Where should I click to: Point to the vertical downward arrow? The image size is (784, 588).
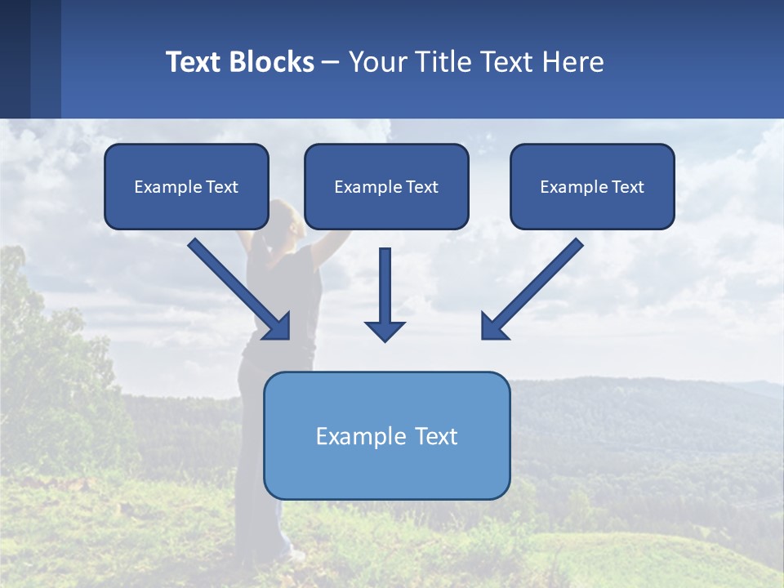tap(385, 286)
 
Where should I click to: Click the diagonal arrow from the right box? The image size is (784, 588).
tap(539, 283)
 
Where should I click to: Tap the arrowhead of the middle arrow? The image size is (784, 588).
tap(385, 331)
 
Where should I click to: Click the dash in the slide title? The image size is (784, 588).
tap(331, 62)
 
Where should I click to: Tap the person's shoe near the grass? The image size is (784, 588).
tap(295, 555)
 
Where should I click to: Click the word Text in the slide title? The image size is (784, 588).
tap(195, 62)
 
